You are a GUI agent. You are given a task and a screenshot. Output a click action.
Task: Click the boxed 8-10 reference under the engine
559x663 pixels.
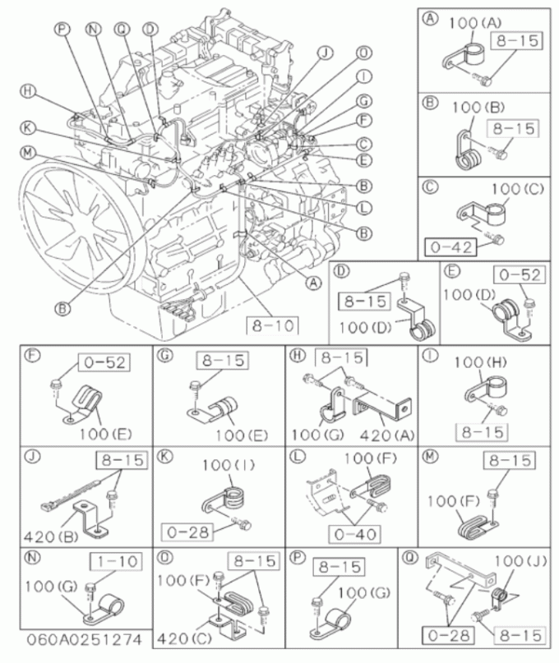[x=273, y=325]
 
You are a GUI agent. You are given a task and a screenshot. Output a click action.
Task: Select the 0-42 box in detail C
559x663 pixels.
[x=450, y=247]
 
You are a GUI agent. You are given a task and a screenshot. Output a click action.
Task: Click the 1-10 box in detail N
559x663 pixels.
[x=115, y=562]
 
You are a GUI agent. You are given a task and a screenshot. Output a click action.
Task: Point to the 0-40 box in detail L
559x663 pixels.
[x=354, y=535]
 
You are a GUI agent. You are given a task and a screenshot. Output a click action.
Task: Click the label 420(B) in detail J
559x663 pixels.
[x=51, y=536]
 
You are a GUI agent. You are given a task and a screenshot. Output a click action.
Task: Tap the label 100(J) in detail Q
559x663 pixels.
[x=520, y=561]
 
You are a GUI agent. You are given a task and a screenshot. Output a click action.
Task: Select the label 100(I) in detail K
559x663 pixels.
[x=229, y=466]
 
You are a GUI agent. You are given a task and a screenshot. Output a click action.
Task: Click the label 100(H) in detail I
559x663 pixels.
[x=481, y=362]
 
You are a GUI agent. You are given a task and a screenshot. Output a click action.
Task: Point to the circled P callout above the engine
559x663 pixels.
[x=62, y=29]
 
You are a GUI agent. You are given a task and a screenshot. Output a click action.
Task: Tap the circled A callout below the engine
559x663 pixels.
[x=314, y=283]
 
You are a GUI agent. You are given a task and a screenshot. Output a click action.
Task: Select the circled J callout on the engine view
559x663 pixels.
[x=326, y=53]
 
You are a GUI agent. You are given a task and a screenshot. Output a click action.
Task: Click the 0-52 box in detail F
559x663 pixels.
[x=104, y=363]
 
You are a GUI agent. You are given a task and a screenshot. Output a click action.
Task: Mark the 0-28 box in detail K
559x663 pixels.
[x=187, y=532]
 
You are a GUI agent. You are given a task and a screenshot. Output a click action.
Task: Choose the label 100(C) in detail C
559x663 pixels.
[x=518, y=188]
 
